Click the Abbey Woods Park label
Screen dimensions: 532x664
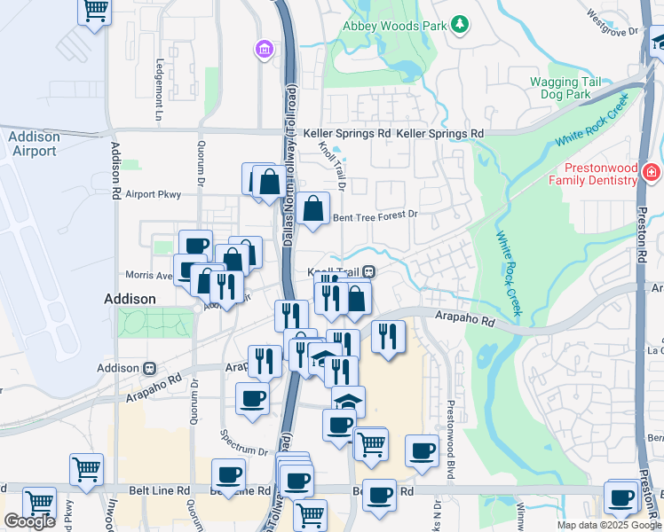[x=395, y=26]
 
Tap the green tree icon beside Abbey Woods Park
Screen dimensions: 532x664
[x=460, y=23]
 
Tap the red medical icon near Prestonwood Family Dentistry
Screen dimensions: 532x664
[x=652, y=170]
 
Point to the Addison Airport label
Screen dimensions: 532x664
[x=34, y=144]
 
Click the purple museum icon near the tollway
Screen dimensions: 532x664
[x=264, y=49]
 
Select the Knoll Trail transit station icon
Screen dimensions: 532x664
[x=368, y=272]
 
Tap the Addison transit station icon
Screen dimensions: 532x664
[x=150, y=368]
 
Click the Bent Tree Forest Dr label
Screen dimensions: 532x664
[x=374, y=215]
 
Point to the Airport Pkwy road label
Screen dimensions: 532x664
[x=153, y=194]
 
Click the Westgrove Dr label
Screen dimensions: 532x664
[x=613, y=24]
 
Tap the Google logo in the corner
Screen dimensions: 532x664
[x=29, y=521]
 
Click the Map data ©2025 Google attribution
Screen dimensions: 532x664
[x=609, y=525]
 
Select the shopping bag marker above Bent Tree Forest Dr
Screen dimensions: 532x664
[x=312, y=210]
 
